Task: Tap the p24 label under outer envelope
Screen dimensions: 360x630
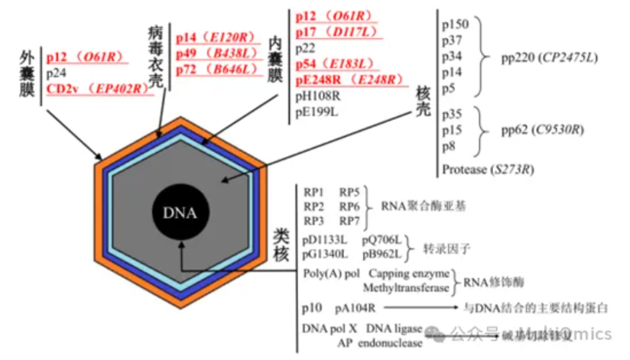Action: pyautogui.click(x=55, y=74)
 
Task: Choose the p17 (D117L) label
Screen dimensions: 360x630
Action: pyautogui.click(x=333, y=32)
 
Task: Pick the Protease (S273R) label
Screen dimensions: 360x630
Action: pyautogui.click(x=489, y=168)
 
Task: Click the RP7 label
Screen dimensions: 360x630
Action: pyautogui.click(x=350, y=221)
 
